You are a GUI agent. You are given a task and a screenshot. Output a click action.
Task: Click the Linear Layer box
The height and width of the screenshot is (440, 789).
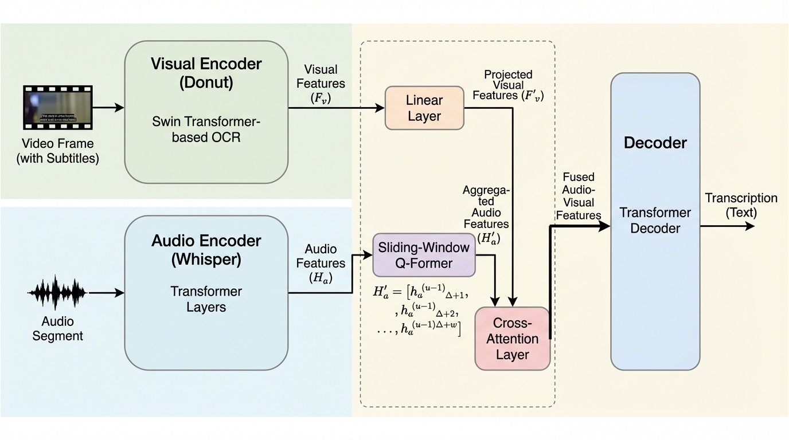click(424, 108)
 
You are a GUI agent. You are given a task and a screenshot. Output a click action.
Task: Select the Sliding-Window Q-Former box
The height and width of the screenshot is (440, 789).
click(424, 255)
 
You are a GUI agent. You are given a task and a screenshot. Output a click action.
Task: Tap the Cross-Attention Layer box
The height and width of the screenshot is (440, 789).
click(512, 339)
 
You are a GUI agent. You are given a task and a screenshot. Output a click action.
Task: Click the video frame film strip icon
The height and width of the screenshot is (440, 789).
click(57, 107)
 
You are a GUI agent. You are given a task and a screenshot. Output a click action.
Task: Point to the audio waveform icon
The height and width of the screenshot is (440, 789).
click(57, 293)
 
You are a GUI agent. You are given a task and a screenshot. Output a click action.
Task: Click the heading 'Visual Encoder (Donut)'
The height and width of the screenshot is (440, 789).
click(206, 73)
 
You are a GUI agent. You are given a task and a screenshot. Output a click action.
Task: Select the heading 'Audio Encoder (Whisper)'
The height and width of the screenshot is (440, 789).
click(206, 250)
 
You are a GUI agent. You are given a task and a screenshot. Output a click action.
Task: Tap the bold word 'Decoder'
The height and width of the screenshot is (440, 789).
click(655, 143)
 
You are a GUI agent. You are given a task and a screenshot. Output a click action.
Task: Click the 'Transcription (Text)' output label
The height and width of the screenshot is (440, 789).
click(741, 205)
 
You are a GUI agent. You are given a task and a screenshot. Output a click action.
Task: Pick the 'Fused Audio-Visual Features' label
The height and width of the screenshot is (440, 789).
click(578, 196)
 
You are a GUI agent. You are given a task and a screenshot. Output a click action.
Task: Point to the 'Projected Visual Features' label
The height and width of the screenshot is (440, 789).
click(508, 85)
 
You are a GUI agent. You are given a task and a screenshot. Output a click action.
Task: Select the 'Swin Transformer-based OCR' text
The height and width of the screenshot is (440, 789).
click(206, 129)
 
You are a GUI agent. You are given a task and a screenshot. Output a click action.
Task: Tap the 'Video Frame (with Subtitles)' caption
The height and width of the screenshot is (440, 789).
click(57, 151)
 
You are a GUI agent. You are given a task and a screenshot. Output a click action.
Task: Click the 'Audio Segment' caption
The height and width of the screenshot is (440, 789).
click(57, 329)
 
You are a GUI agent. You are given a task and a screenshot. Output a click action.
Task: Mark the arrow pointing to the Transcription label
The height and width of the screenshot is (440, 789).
click(727, 226)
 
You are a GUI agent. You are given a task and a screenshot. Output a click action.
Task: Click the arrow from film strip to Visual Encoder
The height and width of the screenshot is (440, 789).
click(108, 107)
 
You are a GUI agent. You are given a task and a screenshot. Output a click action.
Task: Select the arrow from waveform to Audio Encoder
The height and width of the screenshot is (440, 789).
click(107, 293)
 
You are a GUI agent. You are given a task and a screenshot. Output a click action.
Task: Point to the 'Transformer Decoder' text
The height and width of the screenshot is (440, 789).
click(655, 221)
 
